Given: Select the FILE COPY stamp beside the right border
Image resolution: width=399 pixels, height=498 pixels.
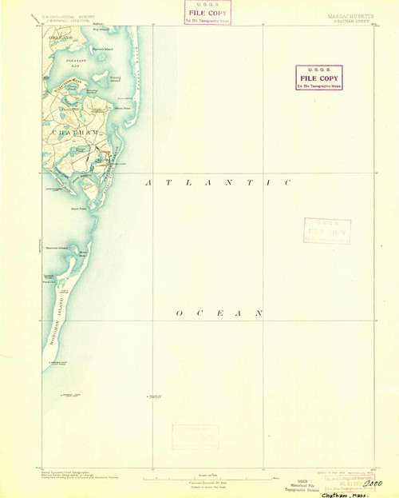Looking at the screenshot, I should pyautogui.click(x=323, y=78).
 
